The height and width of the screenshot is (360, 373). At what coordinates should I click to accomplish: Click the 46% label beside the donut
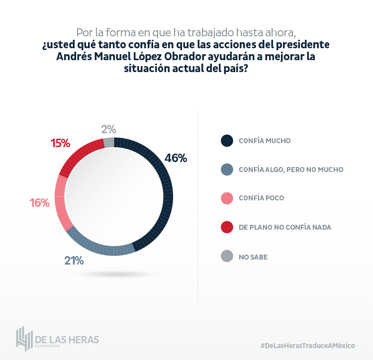pos(176,159)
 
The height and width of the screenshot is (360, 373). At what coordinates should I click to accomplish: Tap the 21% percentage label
pos(74,261)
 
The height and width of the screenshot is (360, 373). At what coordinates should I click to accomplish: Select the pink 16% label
pos(39,203)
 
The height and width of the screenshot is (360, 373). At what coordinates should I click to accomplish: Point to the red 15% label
pos(60,144)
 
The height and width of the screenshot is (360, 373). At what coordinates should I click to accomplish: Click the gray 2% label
pos(108,129)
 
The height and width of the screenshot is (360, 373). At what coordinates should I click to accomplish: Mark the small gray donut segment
pos(109,143)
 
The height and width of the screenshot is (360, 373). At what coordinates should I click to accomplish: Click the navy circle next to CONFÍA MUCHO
pos(226,141)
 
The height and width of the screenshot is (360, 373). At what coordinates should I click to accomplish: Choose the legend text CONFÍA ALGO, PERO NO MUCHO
pos(291,170)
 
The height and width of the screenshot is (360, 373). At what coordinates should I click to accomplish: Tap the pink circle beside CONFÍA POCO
pos(226,198)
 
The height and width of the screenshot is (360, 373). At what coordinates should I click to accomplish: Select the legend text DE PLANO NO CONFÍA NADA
pos(285,227)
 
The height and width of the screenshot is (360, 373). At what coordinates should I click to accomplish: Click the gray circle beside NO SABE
pos(226,256)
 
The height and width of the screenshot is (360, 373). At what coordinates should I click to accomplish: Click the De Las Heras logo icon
pos(24,339)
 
